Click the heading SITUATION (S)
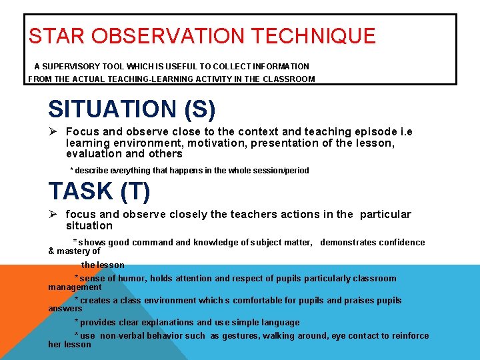click(x=131, y=108)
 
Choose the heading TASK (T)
click(x=99, y=191)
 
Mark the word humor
click(x=133, y=279)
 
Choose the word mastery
click(x=73, y=251)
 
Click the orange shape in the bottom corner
click(x=20, y=313)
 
